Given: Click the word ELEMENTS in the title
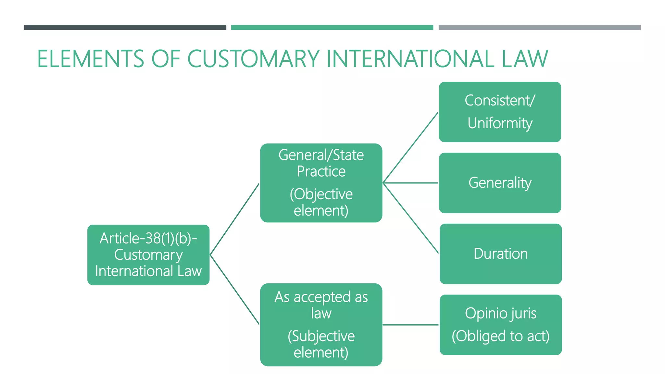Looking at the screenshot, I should point(90,59).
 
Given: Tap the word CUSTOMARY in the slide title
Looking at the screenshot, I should point(253,59).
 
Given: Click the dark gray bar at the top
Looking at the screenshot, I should point(125,28).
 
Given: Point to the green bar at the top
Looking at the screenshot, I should point(332,28).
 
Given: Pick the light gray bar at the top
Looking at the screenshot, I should point(539,28).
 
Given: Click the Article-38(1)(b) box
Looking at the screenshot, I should point(148,255).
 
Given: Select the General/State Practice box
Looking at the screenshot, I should point(321,183).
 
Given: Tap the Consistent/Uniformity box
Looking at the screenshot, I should point(500,112).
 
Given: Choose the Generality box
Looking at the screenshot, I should point(500,183).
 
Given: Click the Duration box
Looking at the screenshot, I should point(500,254).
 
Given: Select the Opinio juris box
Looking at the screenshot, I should point(500,325).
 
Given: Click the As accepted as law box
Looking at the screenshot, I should point(321,325).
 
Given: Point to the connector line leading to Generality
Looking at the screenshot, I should point(411,183).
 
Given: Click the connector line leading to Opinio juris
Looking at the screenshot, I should point(411,325).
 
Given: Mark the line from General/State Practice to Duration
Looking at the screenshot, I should point(411,218).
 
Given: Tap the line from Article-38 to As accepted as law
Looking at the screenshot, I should point(234,289).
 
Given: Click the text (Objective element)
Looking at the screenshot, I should point(321,202).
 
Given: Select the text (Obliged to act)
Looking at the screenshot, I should point(500,336).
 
